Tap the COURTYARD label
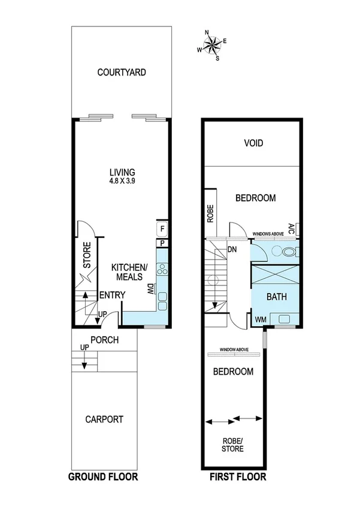122,73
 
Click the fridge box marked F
162,228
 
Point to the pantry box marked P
162,243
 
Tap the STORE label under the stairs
87,254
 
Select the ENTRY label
112,295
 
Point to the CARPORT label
104,419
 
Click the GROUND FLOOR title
103,477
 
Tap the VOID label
253,144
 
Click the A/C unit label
291,228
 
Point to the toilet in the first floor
289,252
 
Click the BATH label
277,296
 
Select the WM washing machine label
260,320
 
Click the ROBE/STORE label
233,444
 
